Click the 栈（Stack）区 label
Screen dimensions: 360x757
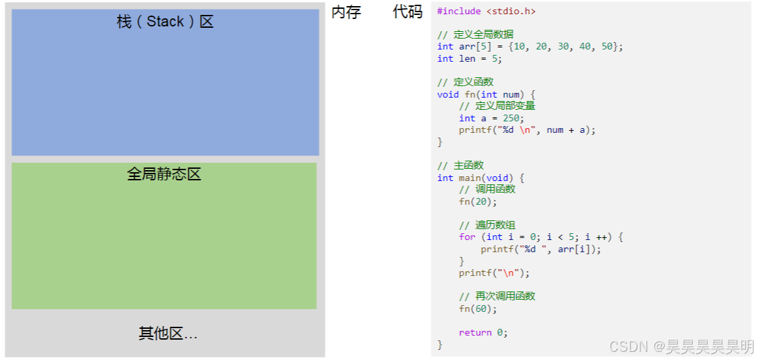pyautogui.click(x=165, y=22)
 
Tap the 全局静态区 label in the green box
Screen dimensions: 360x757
pyautogui.click(x=164, y=174)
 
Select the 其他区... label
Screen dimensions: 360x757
pyautogui.click(x=168, y=334)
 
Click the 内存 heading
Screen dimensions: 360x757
pyautogui.click(x=346, y=12)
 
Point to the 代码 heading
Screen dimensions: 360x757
pyautogui.click(x=407, y=12)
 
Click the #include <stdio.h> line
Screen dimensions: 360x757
pyautogui.click(x=486, y=12)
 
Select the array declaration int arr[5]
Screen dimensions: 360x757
pyautogui.click(x=529, y=47)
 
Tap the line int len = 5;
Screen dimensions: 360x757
pyautogui.click(x=470, y=59)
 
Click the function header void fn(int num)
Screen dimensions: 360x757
pyautogui.click(x=486, y=94)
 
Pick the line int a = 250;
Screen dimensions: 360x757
pyautogui.click(x=491, y=118)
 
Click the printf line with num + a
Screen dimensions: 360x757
pyautogui.click(x=527, y=130)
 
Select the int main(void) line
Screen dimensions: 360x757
pyautogui.click(x=480, y=178)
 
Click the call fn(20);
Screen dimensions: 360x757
pyautogui.click(x=478, y=201)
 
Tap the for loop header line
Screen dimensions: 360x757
pyautogui.click(x=540, y=237)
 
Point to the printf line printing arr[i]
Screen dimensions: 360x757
pyautogui.click(x=541, y=249)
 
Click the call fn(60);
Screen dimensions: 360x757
pyautogui.click(x=478, y=308)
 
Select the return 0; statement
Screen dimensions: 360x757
pyautogui.click(x=483, y=332)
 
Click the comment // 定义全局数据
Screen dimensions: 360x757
pyautogui.click(x=475, y=35)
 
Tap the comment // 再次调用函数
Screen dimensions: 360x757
pyautogui.click(x=497, y=296)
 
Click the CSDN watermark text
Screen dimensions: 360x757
pyautogui.click(x=680, y=347)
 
